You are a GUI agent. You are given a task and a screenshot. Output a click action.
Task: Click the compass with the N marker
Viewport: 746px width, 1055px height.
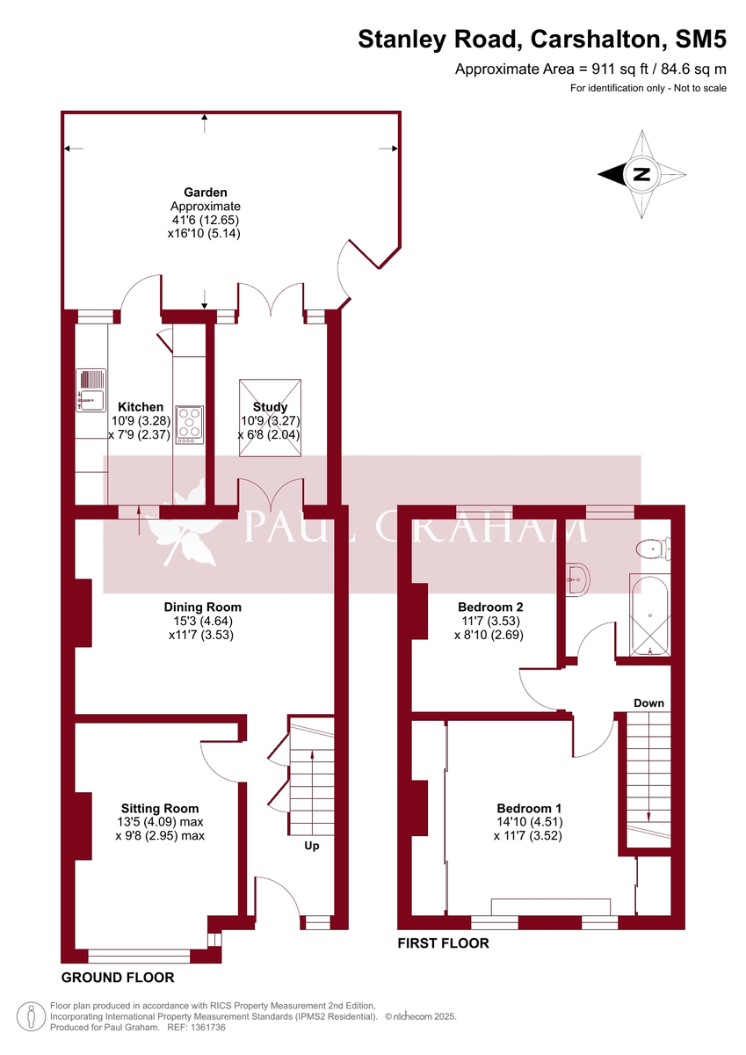coord(642,174)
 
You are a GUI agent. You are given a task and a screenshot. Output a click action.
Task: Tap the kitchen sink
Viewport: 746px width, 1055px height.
coord(90,390)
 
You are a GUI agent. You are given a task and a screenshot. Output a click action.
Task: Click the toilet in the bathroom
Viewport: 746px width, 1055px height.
coord(651,549)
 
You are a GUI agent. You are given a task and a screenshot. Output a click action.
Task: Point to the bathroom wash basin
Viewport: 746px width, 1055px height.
coord(578,578)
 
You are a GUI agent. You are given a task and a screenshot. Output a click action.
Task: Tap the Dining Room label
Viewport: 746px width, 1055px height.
coord(202,607)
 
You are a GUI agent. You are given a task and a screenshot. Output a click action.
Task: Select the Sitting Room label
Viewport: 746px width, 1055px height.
coord(160,808)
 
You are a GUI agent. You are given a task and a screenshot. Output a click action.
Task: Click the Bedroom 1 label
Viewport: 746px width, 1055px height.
coord(529,809)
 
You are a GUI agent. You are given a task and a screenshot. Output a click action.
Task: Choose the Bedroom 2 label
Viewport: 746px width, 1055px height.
coord(490,607)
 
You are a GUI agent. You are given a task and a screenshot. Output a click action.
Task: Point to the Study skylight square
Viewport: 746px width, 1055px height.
coord(270,418)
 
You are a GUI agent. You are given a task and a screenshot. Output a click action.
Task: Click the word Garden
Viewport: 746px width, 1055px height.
coord(205,192)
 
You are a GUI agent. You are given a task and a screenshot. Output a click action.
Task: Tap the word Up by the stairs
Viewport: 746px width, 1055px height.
coord(311,846)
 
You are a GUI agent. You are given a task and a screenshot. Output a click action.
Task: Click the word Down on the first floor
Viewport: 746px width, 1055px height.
coord(648,703)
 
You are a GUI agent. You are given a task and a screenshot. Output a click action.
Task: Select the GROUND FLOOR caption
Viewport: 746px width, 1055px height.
coord(117,978)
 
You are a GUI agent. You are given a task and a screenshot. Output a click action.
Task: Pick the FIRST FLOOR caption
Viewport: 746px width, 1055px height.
coord(443,943)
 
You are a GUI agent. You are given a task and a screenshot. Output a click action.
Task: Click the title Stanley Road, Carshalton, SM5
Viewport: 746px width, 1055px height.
coord(542,39)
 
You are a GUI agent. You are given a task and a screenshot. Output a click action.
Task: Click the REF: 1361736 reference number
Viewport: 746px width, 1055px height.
coord(196,1026)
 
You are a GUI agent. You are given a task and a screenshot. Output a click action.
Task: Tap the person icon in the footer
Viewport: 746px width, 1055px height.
coord(30,1015)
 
